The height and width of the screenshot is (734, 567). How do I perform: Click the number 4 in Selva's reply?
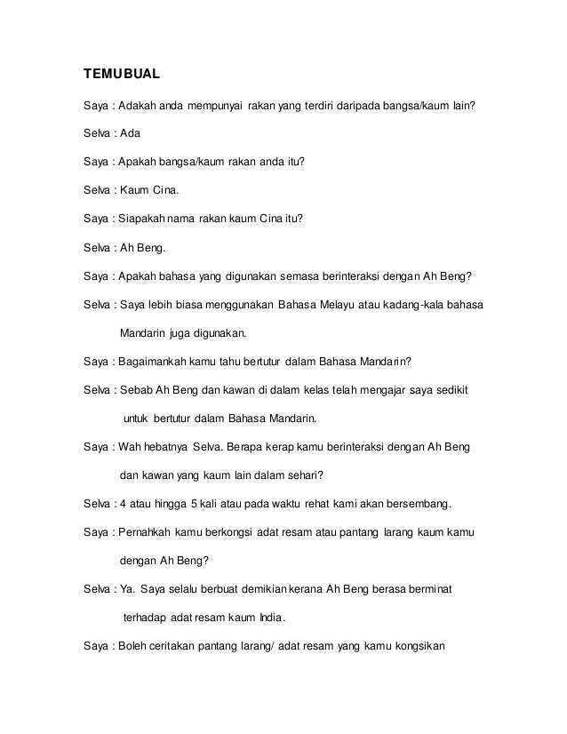tap(121, 507)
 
